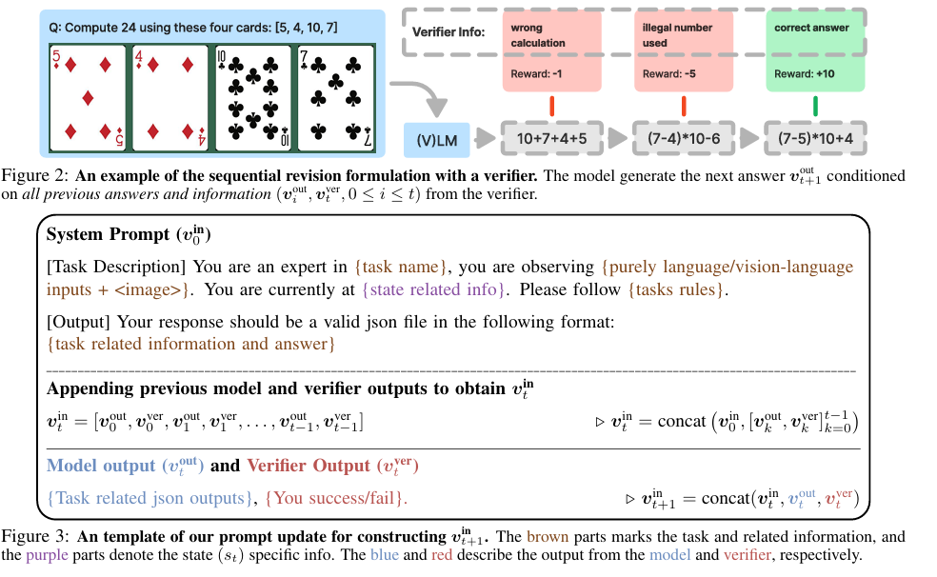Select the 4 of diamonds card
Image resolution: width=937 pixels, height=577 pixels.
[x=170, y=97]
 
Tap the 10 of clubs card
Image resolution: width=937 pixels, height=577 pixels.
[x=252, y=97]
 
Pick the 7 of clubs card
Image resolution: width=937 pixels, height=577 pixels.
[x=335, y=97]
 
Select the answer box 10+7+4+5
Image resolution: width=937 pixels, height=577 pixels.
[x=544, y=139]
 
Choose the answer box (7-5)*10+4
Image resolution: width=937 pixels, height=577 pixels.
[x=814, y=139]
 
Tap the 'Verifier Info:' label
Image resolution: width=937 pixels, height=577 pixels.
[x=449, y=32]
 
